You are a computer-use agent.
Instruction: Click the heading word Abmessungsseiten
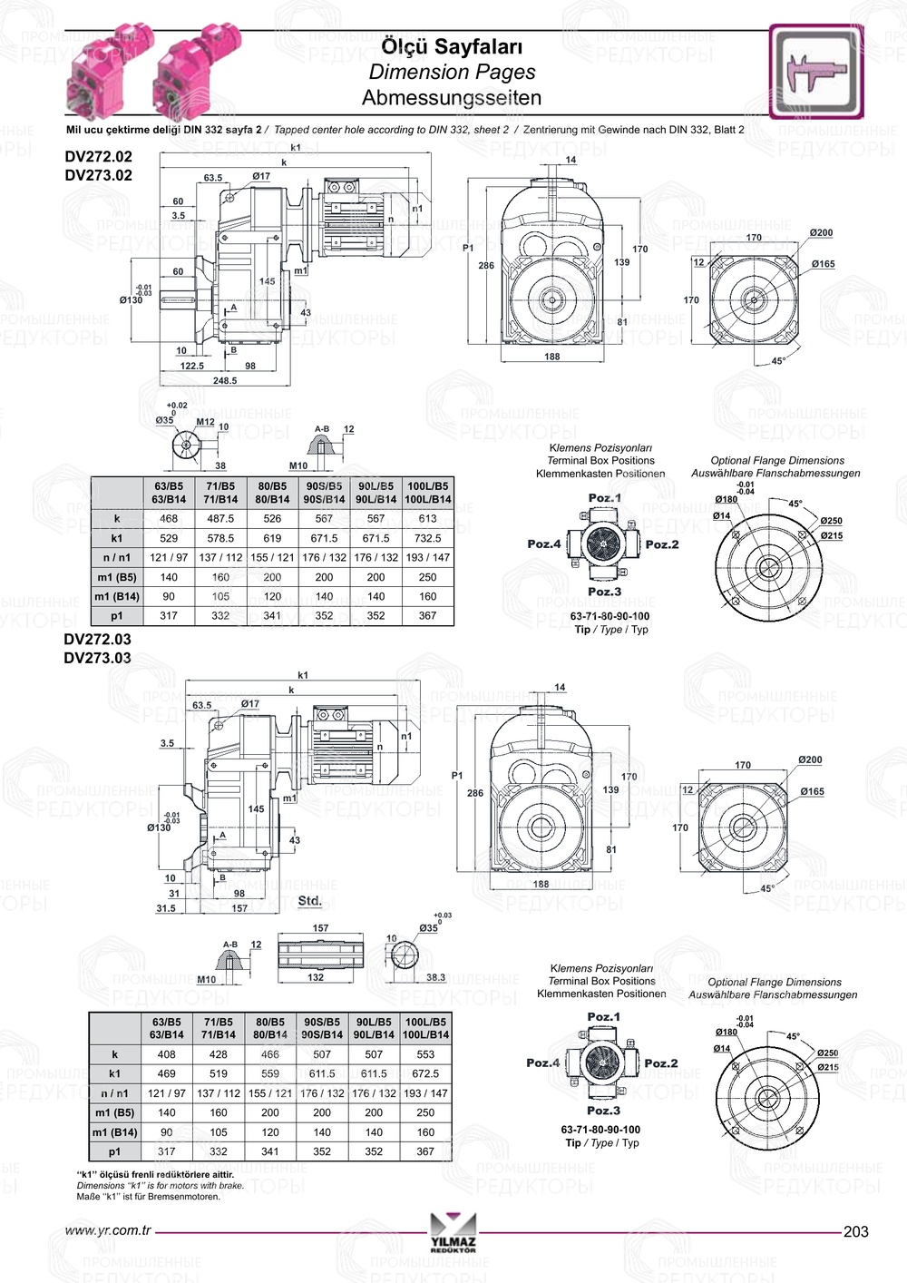tap(451, 98)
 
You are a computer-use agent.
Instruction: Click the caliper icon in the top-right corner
tap(816, 72)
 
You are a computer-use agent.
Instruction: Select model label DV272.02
tap(98, 156)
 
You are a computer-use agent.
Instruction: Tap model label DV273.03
tap(97, 658)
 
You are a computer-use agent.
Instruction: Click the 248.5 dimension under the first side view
tap(225, 381)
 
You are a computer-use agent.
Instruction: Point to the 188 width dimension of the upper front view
tap(552, 357)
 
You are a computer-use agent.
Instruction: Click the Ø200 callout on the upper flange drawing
tap(821, 233)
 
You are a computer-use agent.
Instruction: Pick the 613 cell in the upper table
tap(427, 519)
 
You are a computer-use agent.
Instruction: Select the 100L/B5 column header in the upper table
tap(427, 486)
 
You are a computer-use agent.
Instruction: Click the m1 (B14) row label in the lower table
tap(114, 1132)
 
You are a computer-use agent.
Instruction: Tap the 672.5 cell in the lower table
tap(425, 1074)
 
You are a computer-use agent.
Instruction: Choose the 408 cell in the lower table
tap(167, 1055)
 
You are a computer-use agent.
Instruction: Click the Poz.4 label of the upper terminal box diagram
tap(544, 544)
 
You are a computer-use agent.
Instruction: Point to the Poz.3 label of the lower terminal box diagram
tap(603, 1111)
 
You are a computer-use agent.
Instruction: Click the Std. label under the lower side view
tap(310, 901)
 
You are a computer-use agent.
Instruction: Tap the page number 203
tap(855, 1231)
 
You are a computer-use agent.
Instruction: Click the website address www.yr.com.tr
tap(108, 1231)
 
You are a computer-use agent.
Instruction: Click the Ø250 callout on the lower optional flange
tap(827, 1053)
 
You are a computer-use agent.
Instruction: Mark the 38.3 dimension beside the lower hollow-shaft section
tap(435, 978)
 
